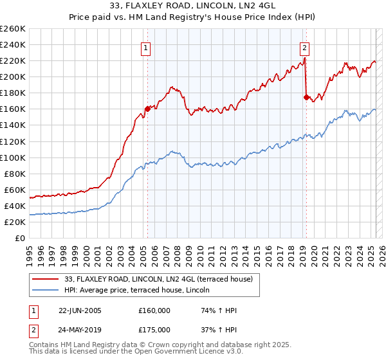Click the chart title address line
click(x=193, y=6)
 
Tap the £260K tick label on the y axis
click(x=13, y=28)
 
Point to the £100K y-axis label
click(x=13, y=157)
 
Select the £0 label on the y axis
click(x=20, y=238)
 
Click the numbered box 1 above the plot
click(x=147, y=47)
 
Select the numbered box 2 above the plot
click(x=304, y=47)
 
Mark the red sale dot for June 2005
click(x=147, y=109)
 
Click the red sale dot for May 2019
click(x=306, y=97)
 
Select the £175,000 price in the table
click(x=154, y=329)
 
